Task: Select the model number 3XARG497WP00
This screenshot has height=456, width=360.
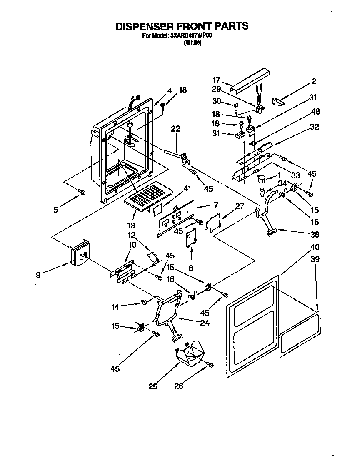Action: (x=191, y=36)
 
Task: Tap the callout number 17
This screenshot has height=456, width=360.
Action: (x=216, y=80)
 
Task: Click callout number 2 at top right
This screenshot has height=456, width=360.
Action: (x=314, y=81)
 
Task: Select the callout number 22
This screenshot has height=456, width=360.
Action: (x=175, y=129)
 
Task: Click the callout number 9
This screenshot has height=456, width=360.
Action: (x=38, y=275)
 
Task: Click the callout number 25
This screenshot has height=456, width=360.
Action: (x=152, y=386)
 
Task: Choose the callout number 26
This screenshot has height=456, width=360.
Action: (x=178, y=386)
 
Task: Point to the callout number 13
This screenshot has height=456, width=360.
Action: (x=131, y=225)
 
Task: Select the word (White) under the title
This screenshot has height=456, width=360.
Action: (x=192, y=43)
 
